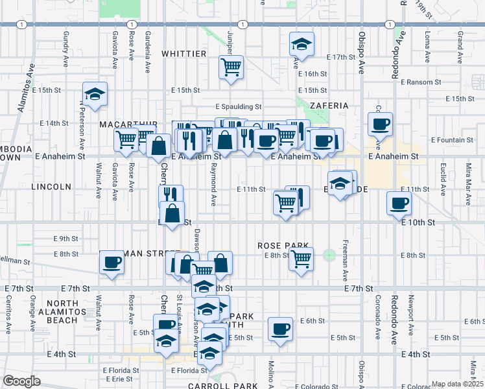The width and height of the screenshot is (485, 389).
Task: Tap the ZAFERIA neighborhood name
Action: point(329,106)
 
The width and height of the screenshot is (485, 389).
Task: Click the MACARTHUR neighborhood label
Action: point(128,124)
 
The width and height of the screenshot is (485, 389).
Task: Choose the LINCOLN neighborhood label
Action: point(51,187)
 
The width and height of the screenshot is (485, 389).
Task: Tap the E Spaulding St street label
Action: point(239,107)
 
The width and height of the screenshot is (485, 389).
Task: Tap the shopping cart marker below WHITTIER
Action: point(231,66)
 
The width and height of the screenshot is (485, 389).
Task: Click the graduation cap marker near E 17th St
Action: point(302,44)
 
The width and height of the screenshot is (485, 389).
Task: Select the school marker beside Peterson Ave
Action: point(95,94)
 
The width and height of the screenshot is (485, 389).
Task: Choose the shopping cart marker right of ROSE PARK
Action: point(301,259)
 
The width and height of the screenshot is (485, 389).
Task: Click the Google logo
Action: point(21,381)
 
